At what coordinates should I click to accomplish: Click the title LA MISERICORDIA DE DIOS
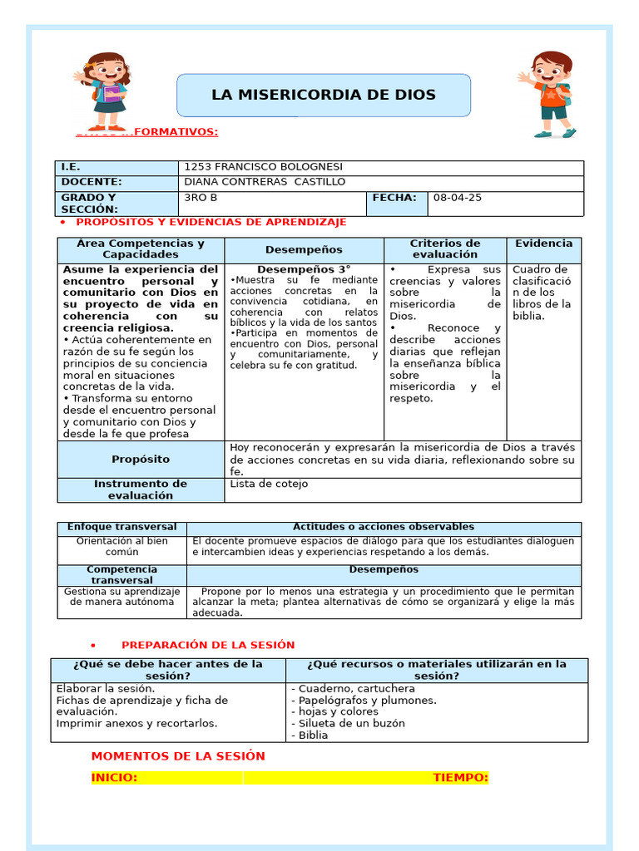[x=324, y=95]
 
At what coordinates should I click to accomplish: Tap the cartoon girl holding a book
[x=106, y=91]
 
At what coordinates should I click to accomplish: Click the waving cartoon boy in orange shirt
[x=550, y=94]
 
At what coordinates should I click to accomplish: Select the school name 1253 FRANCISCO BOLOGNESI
[x=263, y=167]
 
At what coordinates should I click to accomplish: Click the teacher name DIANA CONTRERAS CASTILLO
[x=264, y=182]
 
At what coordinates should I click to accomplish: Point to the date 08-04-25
[x=458, y=198]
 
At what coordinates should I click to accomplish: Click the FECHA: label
[x=394, y=198]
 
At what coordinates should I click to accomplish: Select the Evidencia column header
[x=543, y=243]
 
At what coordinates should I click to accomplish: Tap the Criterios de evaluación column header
[x=445, y=249]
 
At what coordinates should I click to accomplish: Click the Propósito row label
[x=141, y=459]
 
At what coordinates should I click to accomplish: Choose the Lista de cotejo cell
[x=269, y=484]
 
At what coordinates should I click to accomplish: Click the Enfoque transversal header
[x=122, y=527]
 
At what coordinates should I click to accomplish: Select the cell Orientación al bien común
[x=122, y=546]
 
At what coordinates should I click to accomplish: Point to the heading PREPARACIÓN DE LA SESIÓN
[x=208, y=645]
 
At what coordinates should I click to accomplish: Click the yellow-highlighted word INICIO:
[x=114, y=778]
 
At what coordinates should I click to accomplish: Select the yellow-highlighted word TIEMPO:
[x=460, y=778]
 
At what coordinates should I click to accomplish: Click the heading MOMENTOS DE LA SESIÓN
[x=178, y=756]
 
